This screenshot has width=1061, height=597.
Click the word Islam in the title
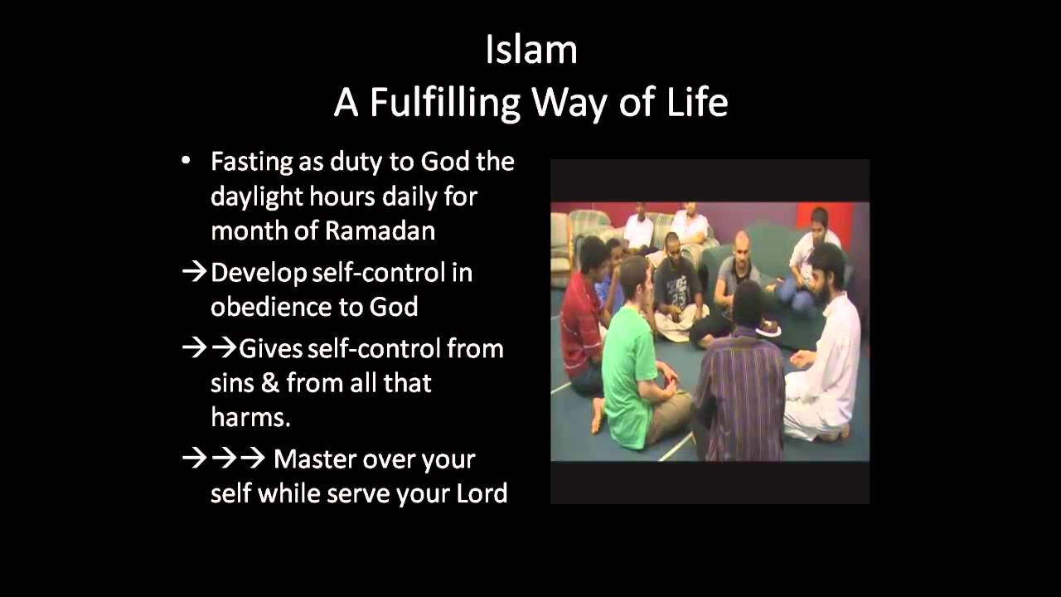[530, 50]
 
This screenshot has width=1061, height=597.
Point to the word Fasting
[252, 162]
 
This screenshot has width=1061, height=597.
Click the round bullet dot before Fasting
[186, 161]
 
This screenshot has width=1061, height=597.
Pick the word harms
[250, 417]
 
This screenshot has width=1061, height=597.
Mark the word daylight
[252, 197]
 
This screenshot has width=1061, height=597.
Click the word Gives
[270, 348]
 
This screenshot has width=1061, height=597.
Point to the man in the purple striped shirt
[739, 381]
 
